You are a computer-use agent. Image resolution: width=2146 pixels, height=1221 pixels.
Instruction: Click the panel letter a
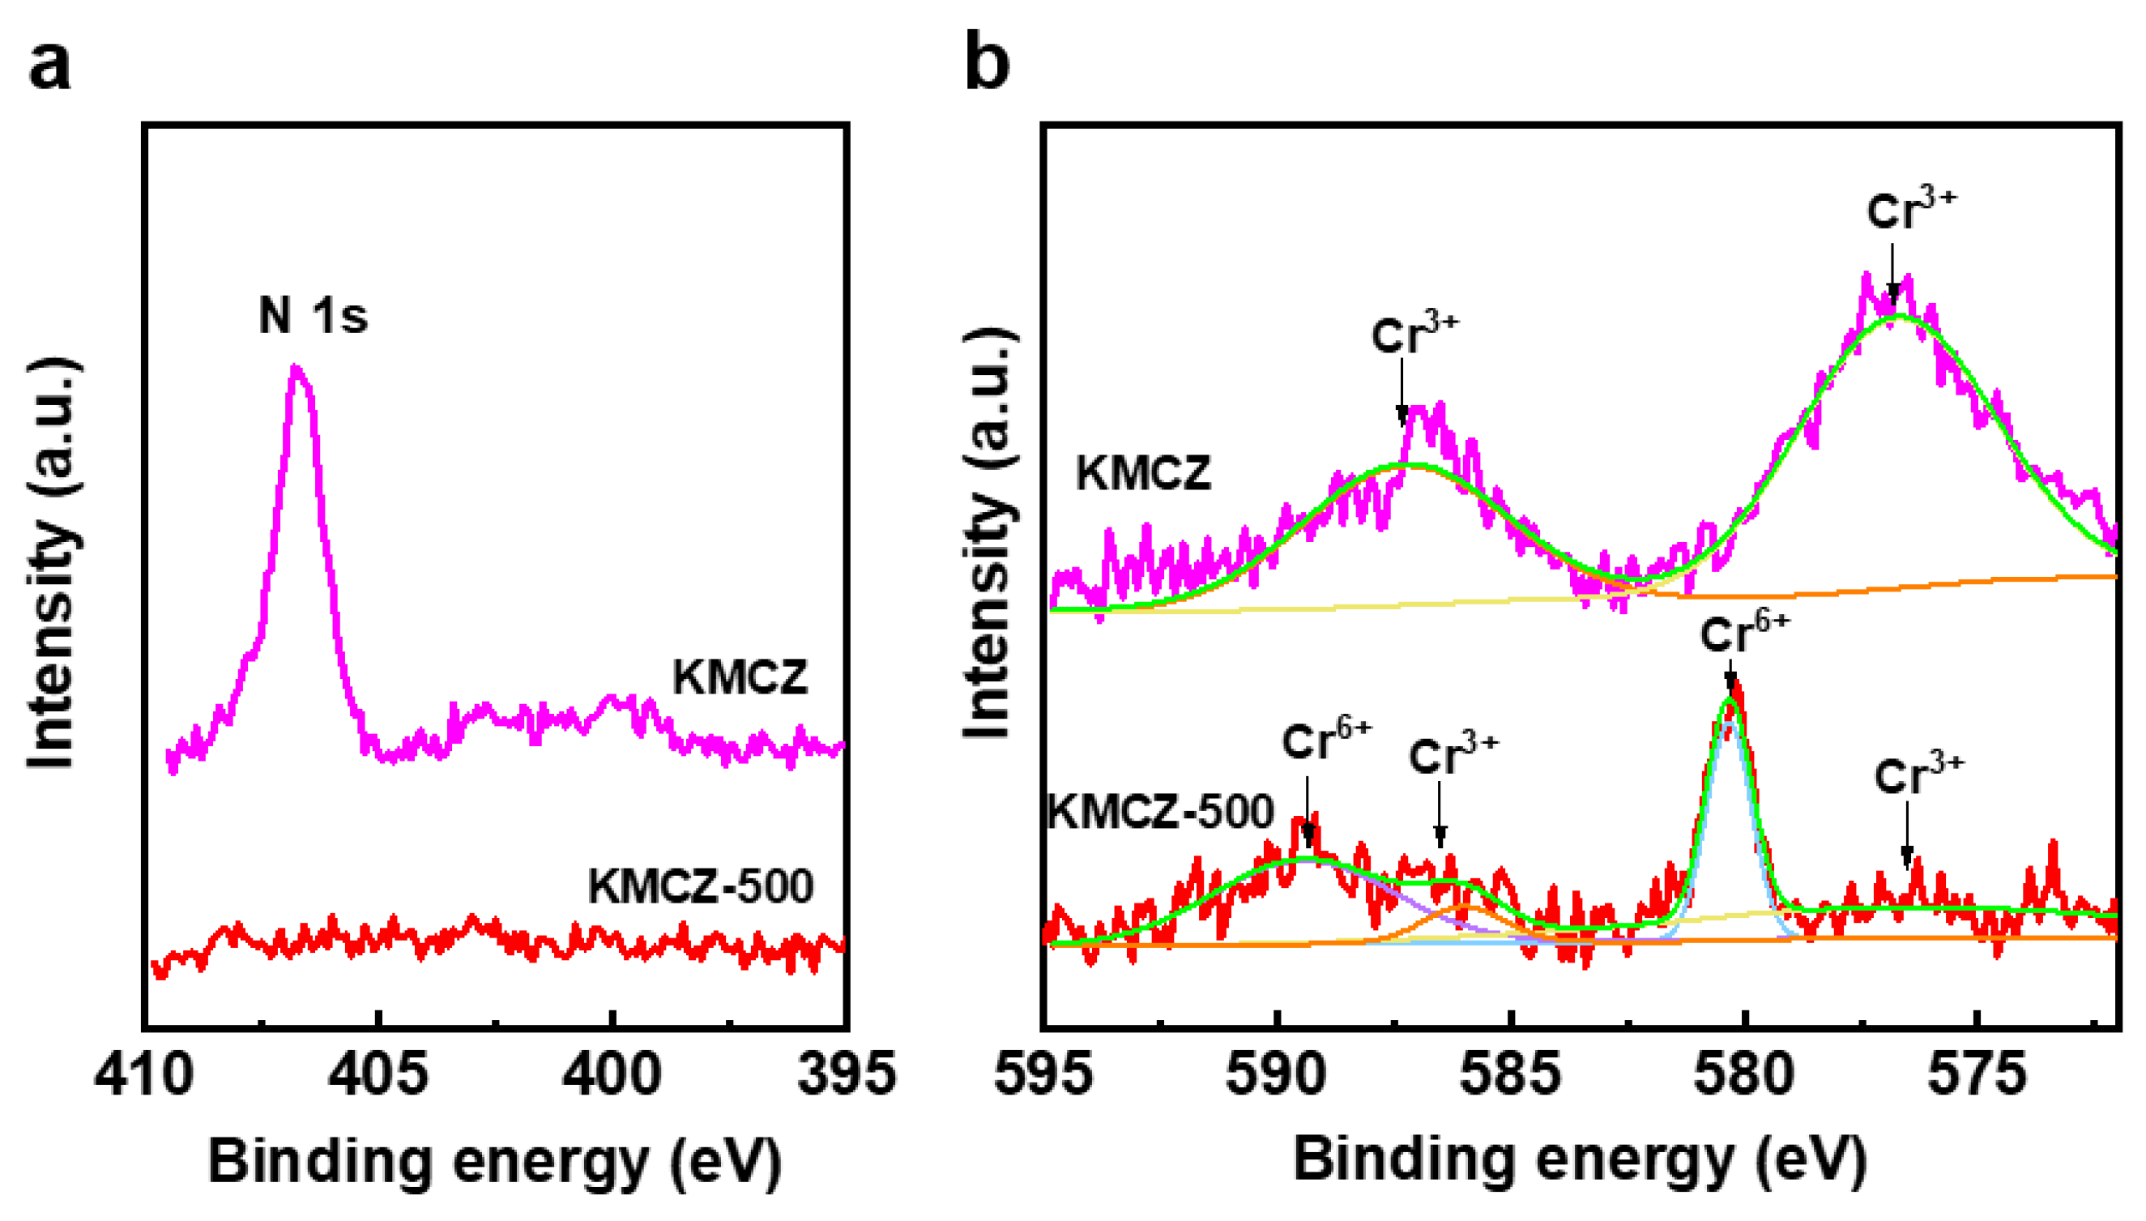point(49,66)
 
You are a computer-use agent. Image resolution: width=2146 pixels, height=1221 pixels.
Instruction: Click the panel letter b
point(987,62)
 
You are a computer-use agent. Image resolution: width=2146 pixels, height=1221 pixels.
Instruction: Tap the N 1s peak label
point(314,316)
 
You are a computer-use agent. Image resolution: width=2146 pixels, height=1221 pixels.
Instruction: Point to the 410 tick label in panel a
point(144,1074)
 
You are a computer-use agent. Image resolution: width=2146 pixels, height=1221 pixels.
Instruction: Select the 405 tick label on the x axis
point(378,1074)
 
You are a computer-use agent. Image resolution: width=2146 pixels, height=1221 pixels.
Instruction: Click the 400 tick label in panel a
point(612,1074)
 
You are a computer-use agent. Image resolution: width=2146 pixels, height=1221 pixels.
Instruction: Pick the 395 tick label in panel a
point(847,1074)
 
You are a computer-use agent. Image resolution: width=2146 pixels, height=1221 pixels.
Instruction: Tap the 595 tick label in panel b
point(1043,1074)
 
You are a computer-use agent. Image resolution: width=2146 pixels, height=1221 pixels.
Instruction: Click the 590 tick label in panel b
point(1276,1074)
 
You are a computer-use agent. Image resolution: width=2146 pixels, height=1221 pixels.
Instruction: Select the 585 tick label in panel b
point(1511,1074)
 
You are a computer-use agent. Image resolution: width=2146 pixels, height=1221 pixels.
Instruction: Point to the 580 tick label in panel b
point(1744,1074)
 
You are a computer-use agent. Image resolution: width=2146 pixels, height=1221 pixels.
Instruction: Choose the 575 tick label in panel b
point(1977,1074)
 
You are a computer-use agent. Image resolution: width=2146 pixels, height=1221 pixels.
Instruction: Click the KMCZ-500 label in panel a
point(701,886)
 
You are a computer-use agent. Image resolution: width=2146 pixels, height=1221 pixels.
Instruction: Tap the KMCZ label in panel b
point(1143,474)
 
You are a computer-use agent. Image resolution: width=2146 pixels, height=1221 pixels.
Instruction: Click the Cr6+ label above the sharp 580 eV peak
point(1744,633)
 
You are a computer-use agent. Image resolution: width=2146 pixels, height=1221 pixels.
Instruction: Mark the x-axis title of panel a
point(495,1162)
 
